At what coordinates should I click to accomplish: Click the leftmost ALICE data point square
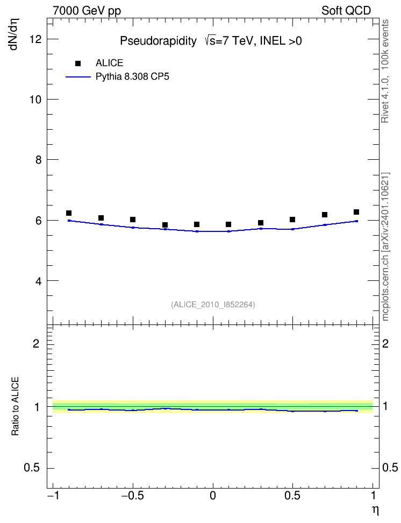69,213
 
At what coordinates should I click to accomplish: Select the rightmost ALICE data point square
356,212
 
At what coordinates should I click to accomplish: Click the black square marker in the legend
78,63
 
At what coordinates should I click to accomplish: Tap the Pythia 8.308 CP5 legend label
132,77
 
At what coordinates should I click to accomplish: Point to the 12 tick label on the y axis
35,39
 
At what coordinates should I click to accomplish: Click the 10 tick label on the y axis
35,100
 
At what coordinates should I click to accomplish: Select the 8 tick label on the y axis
39,160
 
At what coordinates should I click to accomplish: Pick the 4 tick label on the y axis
39,281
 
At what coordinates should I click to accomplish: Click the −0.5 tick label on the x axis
133,496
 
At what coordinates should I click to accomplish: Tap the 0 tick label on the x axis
213,496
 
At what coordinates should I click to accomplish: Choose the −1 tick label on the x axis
54,496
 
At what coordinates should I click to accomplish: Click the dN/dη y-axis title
15,34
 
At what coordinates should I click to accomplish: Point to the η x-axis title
376,510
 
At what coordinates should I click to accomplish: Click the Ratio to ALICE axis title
15,406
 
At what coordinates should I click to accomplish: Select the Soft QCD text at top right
346,11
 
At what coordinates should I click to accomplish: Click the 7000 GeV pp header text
87,11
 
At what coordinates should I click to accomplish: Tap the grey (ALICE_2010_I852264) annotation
213,305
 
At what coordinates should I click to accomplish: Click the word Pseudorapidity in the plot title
159,41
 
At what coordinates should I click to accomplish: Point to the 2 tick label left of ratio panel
36,343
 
